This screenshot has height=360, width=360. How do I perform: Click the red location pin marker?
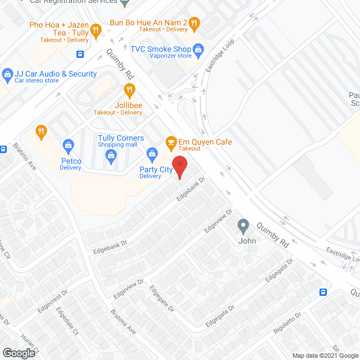179,167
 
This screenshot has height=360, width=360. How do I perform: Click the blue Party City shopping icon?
151,153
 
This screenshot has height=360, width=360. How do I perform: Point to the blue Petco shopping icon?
69,145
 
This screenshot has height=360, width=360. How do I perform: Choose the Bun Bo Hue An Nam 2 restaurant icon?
194,23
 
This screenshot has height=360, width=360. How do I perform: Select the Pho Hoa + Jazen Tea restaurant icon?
96,30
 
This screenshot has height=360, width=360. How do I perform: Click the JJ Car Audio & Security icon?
7,74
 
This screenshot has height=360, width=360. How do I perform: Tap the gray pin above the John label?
243,226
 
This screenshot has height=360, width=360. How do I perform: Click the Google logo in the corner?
19,353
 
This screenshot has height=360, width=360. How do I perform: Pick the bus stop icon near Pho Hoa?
80,55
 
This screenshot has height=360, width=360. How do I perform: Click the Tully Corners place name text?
121,138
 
